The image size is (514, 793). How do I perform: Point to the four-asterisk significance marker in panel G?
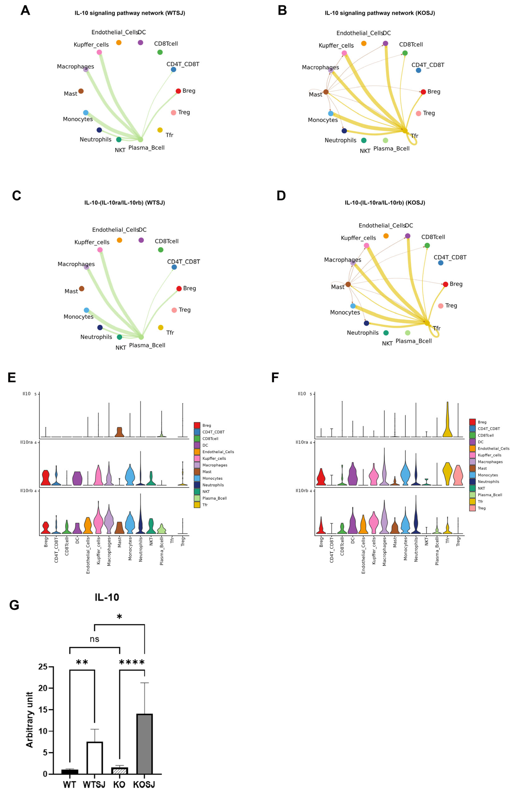click(132, 662)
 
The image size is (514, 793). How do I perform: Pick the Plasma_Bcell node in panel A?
click(141, 140)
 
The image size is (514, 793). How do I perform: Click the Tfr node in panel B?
click(405, 131)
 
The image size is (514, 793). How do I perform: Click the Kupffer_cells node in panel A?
click(99, 52)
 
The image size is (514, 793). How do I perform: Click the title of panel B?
click(380, 13)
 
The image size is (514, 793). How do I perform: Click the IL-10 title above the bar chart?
click(107, 597)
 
